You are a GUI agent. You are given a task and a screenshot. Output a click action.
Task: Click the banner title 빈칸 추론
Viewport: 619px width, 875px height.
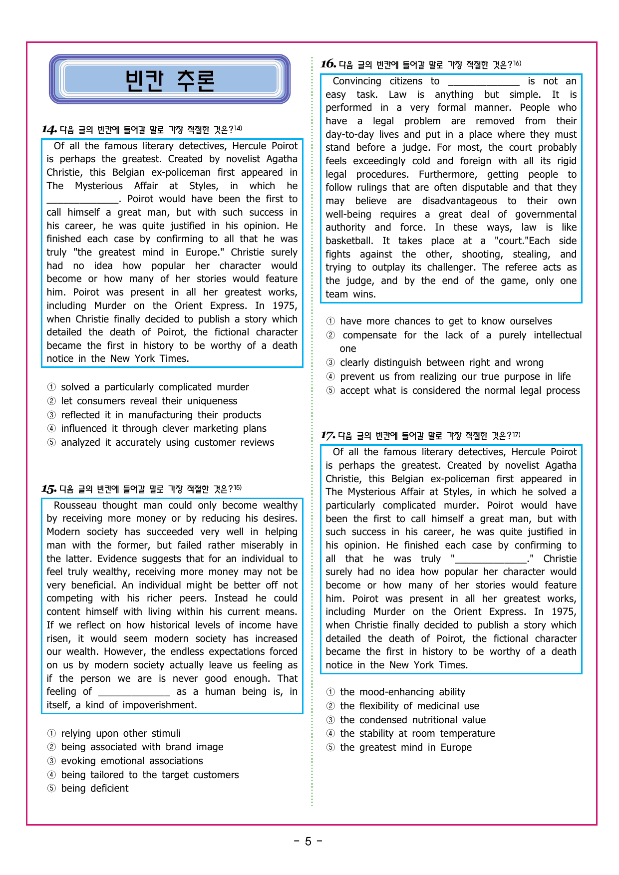[x=170, y=80]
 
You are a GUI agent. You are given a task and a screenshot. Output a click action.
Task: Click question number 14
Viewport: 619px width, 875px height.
[x=49, y=130]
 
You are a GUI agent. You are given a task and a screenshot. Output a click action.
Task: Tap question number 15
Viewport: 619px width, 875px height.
[x=48, y=489]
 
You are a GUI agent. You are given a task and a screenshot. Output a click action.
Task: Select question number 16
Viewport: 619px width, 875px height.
[x=328, y=64]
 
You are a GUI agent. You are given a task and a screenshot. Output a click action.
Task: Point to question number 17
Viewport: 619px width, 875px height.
[x=327, y=435]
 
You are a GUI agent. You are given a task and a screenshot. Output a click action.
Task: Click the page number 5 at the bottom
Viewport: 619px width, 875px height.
[x=308, y=842]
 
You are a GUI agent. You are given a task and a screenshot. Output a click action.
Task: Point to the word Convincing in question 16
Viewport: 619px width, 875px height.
[x=356, y=81]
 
